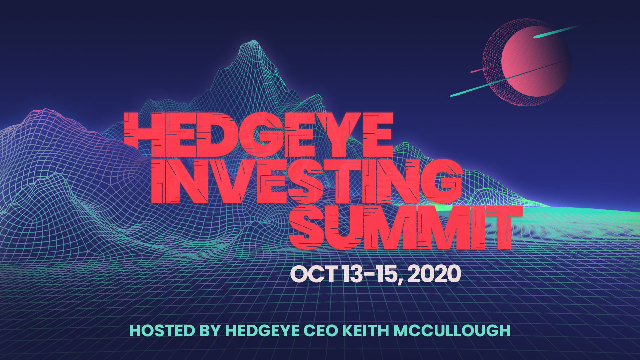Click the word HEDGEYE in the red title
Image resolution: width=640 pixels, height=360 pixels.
tap(258, 135)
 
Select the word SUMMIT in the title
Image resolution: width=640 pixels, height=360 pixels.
tap(405, 228)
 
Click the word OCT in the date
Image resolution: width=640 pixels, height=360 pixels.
tap(314, 274)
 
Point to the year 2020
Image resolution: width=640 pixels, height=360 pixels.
tap(434, 274)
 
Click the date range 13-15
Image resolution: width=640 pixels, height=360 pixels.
tap(371, 274)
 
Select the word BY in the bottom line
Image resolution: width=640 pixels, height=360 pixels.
tap(210, 331)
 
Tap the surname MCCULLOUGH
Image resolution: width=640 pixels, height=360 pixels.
tap(452, 331)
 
